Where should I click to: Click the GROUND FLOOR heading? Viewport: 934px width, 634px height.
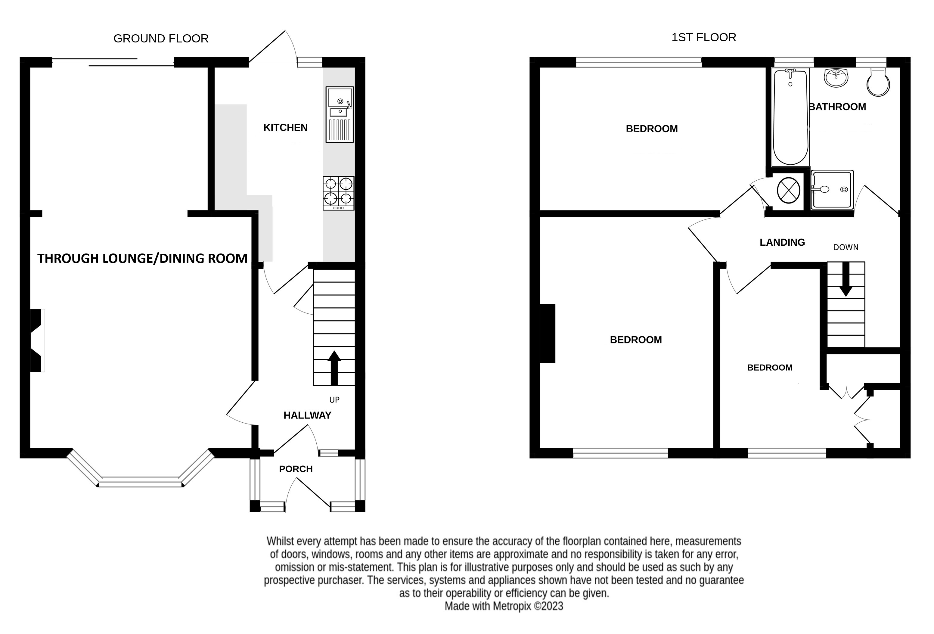click(x=161, y=39)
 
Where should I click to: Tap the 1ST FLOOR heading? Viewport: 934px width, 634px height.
click(x=704, y=37)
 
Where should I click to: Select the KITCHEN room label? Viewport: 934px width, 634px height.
click(x=285, y=127)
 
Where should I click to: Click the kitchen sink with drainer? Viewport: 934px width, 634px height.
click(x=340, y=115)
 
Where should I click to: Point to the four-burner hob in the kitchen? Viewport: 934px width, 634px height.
click(x=338, y=193)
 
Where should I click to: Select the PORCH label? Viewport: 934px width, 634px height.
click(x=296, y=469)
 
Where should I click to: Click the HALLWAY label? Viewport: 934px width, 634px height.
click(x=307, y=415)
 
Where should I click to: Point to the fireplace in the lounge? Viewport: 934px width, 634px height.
click(x=37, y=340)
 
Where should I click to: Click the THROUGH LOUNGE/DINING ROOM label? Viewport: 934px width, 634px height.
click(x=142, y=258)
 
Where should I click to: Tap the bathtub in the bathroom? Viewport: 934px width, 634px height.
click(x=790, y=117)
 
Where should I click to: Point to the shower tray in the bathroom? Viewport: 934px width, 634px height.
click(x=832, y=189)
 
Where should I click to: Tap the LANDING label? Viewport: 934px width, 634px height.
click(x=782, y=242)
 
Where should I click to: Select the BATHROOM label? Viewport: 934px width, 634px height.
click(x=837, y=107)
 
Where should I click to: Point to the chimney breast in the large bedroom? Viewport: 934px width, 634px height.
click(x=548, y=333)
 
